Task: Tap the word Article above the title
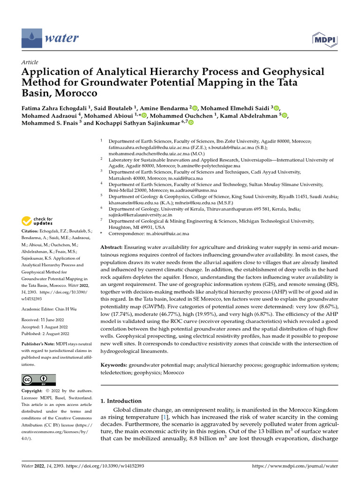click(x=30, y=62)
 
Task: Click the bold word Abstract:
click(x=112, y=247)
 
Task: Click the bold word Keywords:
click(x=114, y=365)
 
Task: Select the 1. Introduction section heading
click(x=121, y=401)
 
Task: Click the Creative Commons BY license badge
click(x=38, y=380)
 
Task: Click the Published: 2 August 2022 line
click(x=45, y=334)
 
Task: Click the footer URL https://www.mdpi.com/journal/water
click(x=295, y=466)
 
